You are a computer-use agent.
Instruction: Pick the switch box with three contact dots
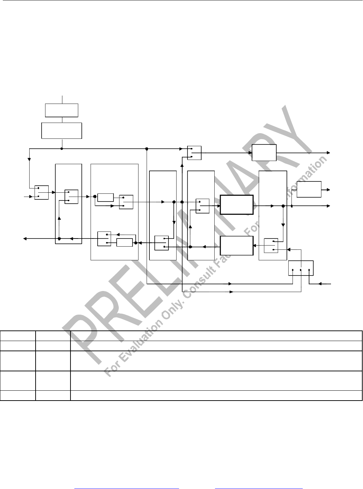click(x=301, y=268)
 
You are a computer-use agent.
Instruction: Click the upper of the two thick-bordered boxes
click(x=236, y=204)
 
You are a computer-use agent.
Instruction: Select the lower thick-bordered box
click(x=236, y=245)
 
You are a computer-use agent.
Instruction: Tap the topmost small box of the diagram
click(x=62, y=110)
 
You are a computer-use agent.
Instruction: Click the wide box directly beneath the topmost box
click(x=62, y=131)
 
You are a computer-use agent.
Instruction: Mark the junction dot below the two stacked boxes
click(x=62, y=149)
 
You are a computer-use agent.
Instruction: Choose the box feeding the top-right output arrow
click(x=264, y=153)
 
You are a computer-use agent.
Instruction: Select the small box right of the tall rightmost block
click(x=309, y=190)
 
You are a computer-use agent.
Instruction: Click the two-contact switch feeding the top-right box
click(x=194, y=153)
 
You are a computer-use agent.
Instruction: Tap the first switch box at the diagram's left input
click(x=42, y=192)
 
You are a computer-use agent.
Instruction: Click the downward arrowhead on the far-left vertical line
click(x=29, y=159)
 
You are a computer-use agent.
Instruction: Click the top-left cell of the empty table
click(x=18, y=335)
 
